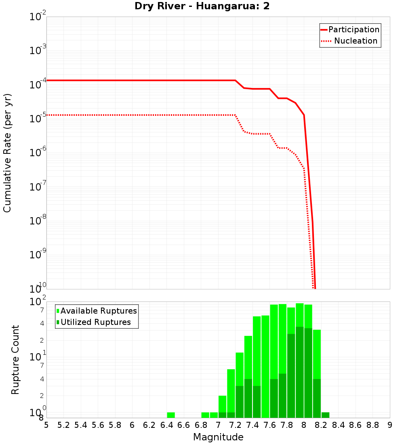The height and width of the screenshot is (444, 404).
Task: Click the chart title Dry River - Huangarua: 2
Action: click(x=202, y=6)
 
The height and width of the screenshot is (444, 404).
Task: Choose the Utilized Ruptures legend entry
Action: click(x=95, y=322)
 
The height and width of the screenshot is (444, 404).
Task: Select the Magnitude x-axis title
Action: click(x=218, y=437)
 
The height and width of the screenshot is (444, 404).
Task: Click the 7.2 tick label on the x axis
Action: click(x=235, y=425)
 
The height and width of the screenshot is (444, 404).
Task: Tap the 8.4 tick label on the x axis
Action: click(x=338, y=425)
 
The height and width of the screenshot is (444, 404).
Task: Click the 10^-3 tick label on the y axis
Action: click(x=39, y=51)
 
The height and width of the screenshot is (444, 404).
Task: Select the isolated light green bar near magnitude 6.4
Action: click(x=171, y=415)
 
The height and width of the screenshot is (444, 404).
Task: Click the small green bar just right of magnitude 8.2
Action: click(x=325, y=415)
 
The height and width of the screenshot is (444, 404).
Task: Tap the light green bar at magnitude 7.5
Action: click(x=265, y=363)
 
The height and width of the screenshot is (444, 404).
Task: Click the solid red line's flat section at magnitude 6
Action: click(x=132, y=80)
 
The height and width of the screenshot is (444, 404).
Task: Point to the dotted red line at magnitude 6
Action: click(x=132, y=115)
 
